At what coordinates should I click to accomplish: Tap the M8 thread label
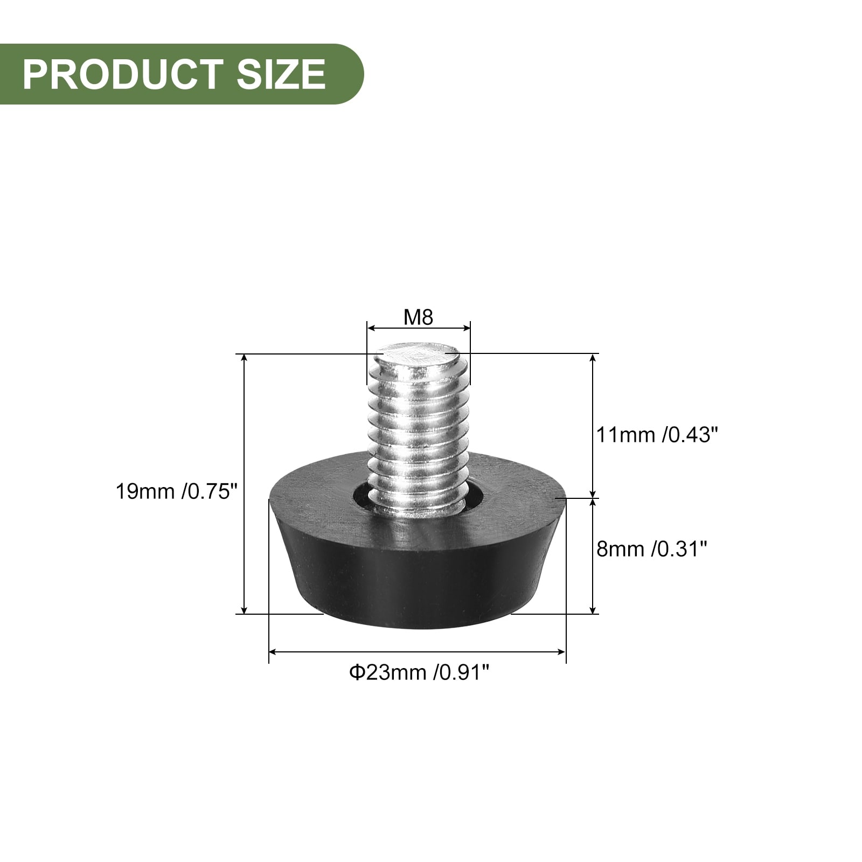pos(419,317)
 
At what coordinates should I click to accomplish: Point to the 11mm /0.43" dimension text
pos(657,434)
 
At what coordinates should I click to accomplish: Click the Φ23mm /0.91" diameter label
pos(419,672)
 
